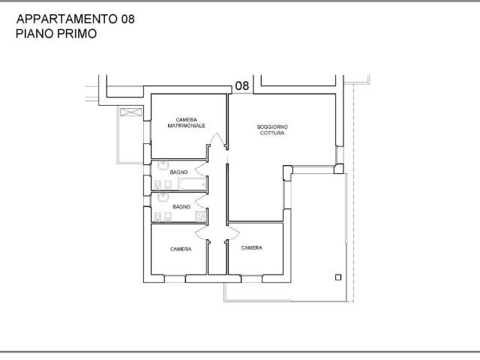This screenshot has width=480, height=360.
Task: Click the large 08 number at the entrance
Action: click(x=241, y=86)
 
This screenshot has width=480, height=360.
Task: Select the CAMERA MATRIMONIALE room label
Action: click(x=187, y=123)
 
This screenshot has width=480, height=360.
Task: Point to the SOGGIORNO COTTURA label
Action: click(x=272, y=130)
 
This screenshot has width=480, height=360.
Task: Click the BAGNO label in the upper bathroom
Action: click(x=178, y=172)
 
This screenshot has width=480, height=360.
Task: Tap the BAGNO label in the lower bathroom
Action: click(x=181, y=207)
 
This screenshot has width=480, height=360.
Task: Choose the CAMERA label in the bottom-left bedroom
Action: click(x=181, y=249)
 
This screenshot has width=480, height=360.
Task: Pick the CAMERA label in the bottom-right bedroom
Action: click(x=252, y=248)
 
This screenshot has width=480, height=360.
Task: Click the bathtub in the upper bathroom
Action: click(x=193, y=184)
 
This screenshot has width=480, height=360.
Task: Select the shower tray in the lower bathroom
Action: click(x=201, y=217)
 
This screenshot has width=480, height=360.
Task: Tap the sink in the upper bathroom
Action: click(x=162, y=166)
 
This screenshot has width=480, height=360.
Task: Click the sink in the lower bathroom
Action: click(x=162, y=196)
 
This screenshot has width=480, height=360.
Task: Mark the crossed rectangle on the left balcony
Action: click(x=131, y=112)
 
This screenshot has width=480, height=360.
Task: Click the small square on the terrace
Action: click(x=338, y=277)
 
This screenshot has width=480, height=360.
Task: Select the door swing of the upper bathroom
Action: click(x=200, y=169)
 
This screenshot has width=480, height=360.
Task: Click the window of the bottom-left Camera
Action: click(x=175, y=279)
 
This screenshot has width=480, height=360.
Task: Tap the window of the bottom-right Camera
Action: click(x=252, y=279)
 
